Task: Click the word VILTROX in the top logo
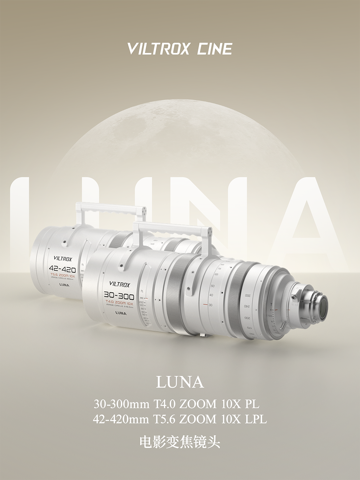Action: click(x=158, y=49)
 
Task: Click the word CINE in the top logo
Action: click(x=215, y=49)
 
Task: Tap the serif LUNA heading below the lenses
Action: click(x=180, y=382)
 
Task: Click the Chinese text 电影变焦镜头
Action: click(x=180, y=442)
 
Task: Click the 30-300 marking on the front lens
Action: click(x=119, y=296)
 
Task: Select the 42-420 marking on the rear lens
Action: click(x=62, y=269)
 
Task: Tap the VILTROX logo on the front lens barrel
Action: click(x=120, y=284)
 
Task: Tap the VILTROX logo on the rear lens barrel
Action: click(x=63, y=259)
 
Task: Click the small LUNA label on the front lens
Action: click(x=121, y=313)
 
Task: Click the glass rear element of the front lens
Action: click(x=322, y=306)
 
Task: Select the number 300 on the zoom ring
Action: click(x=247, y=295)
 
